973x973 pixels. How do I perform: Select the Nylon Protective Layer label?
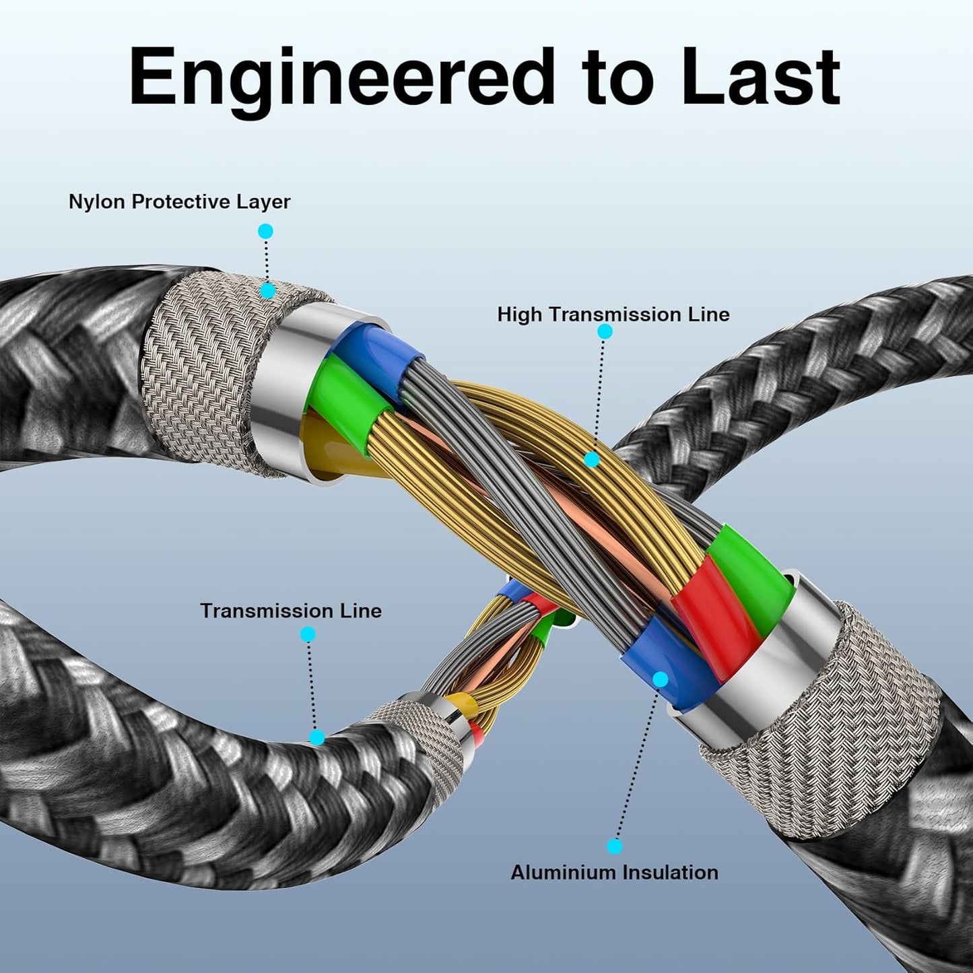[x=179, y=201]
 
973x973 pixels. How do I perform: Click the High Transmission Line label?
[x=613, y=314]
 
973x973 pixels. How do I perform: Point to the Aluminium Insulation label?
[x=614, y=872]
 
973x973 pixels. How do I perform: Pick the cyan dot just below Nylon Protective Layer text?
[x=265, y=231]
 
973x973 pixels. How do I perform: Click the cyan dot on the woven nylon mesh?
[x=267, y=291]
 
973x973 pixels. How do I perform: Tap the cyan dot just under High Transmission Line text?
[x=605, y=331]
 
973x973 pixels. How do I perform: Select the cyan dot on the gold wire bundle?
[x=591, y=460]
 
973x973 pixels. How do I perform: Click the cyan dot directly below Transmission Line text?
[x=308, y=634]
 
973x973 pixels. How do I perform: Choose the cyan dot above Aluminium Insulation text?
[x=614, y=846]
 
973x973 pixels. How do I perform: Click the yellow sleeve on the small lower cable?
[x=467, y=706]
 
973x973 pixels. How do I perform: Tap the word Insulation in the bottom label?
[x=669, y=872]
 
